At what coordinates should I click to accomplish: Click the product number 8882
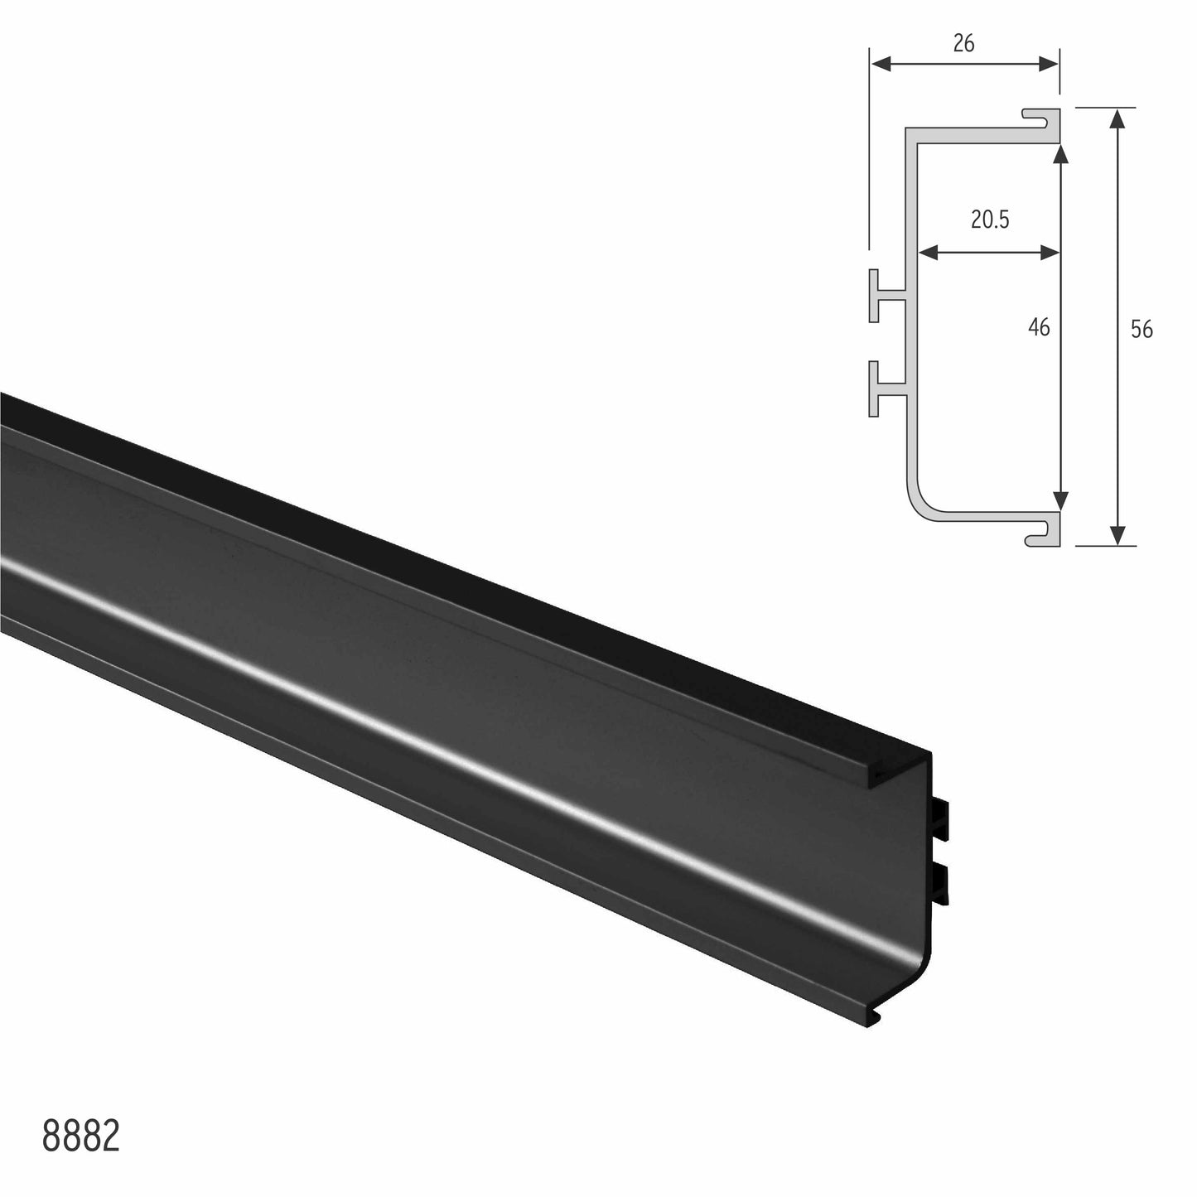[x=81, y=1138]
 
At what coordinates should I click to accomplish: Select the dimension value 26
[x=963, y=43]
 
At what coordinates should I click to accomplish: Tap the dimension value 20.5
[x=990, y=220]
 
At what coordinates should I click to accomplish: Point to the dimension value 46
[x=1038, y=327]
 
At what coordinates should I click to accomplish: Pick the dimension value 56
[x=1141, y=329]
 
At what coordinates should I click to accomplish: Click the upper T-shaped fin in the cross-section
[x=885, y=295]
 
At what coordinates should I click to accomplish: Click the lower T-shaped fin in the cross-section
[x=885, y=389]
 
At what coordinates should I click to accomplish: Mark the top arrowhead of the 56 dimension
[x=1118, y=118]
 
